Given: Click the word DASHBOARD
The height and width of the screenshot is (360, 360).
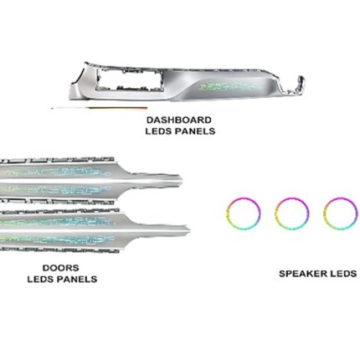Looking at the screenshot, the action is pyautogui.click(x=179, y=120).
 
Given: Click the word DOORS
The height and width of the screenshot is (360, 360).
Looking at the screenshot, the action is pyautogui.click(x=61, y=268).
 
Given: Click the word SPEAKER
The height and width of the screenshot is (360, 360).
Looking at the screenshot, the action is pyautogui.click(x=303, y=274).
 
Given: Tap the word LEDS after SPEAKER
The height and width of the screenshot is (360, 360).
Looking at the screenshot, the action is pyautogui.click(x=343, y=274).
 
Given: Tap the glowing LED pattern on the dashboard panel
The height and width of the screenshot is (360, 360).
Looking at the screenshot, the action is pyautogui.click(x=230, y=86).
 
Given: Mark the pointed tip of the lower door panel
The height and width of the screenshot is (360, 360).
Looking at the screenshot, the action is pyautogui.click(x=189, y=229).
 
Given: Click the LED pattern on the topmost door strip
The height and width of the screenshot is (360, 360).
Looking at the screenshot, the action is pyautogui.click(x=56, y=171).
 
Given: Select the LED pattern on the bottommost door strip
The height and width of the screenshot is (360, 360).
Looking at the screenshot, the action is pyautogui.click(x=57, y=240).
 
